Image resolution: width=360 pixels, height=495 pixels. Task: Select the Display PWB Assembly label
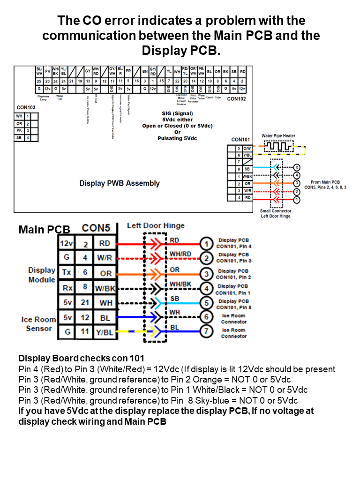click(x=120, y=183)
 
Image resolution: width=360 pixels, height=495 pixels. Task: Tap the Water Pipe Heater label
click(x=278, y=136)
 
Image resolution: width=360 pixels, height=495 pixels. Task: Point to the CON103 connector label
click(x=26, y=107)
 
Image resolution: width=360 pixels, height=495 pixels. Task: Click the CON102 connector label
click(x=236, y=99)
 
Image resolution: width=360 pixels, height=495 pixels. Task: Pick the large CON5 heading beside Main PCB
click(x=96, y=228)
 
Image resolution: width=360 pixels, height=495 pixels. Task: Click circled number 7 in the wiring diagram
click(x=205, y=333)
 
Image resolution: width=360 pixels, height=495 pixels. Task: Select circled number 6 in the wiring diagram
click(x=205, y=318)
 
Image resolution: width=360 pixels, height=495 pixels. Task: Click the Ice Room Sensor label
click(x=39, y=324)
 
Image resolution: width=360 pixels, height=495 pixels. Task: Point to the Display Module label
click(x=42, y=275)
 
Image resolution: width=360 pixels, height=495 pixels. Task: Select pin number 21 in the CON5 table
click(x=85, y=303)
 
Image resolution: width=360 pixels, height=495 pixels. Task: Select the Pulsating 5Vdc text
click(x=177, y=138)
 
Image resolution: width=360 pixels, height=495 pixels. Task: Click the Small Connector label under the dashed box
click(x=276, y=211)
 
